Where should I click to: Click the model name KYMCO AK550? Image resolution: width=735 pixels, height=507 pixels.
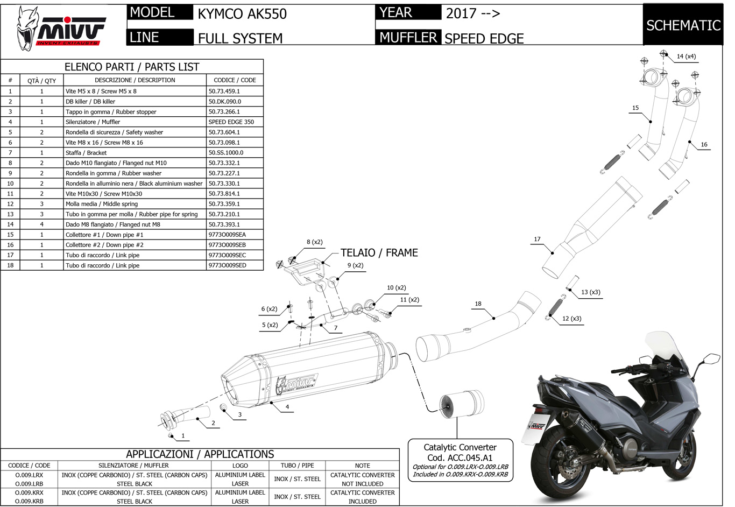(x=242, y=13)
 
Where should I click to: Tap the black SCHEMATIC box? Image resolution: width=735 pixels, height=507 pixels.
(x=683, y=25)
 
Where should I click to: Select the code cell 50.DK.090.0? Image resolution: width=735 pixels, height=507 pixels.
(x=225, y=101)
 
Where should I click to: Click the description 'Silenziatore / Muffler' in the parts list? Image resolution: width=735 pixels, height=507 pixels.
(x=93, y=122)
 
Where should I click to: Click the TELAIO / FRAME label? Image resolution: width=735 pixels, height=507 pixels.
(x=379, y=252)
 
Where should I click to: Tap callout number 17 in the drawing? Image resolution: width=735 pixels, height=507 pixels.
(x=537, y=239)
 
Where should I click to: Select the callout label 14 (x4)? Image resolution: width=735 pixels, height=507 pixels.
(x=686, y=57)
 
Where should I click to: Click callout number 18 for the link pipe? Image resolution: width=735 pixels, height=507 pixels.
(x=478, y=304)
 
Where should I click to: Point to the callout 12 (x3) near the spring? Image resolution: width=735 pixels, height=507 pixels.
(x=571, y=318)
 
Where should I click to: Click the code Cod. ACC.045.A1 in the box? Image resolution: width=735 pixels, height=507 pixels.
(x=460, y=457)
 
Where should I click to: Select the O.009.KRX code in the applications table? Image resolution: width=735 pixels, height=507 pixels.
(x=29, y=492)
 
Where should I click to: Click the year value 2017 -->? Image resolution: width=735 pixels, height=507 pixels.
(x=472, y=13)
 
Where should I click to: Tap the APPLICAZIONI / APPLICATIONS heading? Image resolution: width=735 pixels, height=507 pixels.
(x=200, y=454)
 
